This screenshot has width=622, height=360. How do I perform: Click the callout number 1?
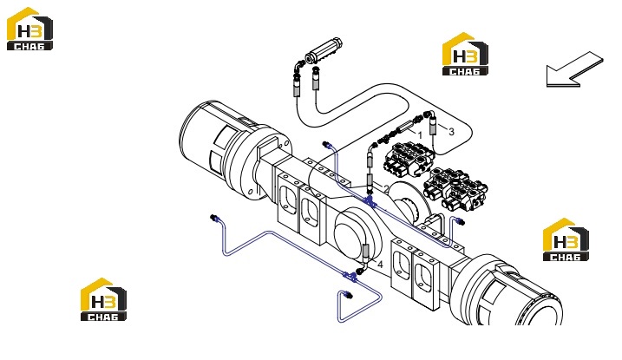pos(420,135)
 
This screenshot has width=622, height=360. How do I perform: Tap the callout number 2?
pos(386,189)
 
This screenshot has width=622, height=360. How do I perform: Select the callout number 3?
pos(451,132)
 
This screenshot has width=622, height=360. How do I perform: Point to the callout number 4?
pos(380,265)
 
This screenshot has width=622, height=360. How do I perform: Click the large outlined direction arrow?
pos(574,69)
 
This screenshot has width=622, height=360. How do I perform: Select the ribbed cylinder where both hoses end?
pos(324,51)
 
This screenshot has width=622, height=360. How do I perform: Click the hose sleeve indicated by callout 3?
pos(433,128)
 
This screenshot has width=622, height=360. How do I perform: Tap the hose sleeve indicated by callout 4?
pos(366,252)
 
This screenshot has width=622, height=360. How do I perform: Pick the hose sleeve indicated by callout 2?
pos(370,180)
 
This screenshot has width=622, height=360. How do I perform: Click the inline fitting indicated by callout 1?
pos(403,129)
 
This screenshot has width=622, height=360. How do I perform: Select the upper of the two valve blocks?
pos(409,159)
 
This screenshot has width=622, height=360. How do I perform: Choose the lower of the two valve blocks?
pos(455,189)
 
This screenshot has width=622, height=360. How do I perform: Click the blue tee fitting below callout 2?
pos(370,201)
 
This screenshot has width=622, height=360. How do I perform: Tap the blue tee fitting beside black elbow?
pos(350,277)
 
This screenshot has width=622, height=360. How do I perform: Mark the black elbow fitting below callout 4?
pos(360,271)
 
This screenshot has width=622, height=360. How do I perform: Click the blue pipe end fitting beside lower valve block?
pos(460,221)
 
